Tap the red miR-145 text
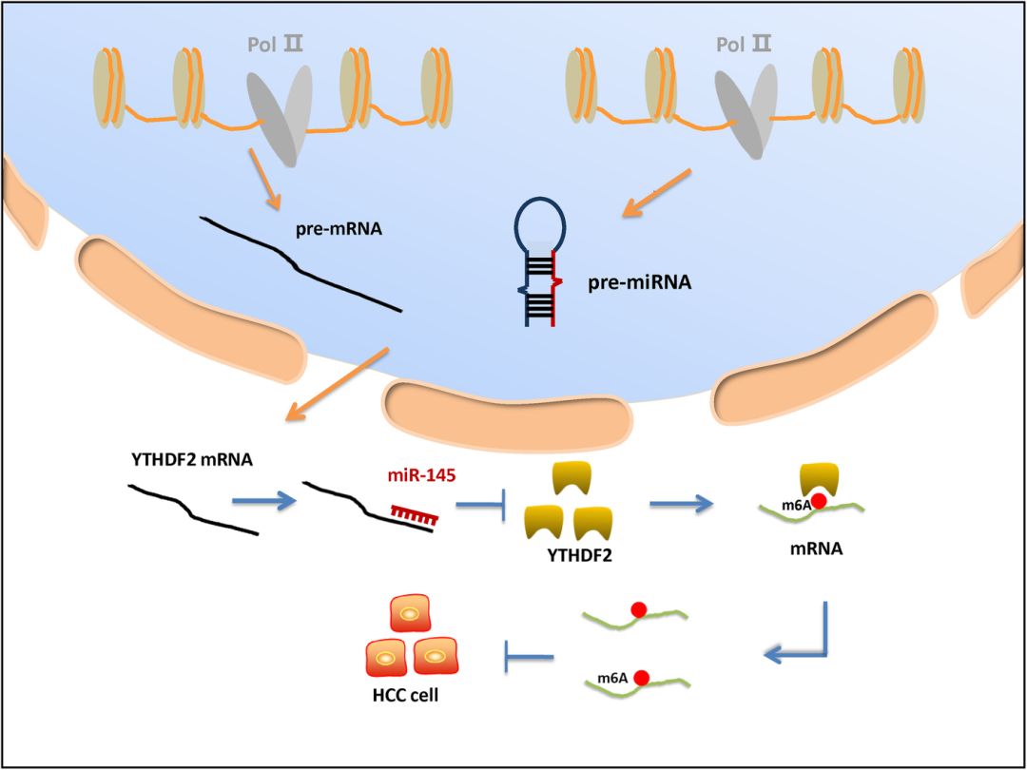click(418, 475)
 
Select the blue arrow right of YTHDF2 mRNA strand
click(261, 503)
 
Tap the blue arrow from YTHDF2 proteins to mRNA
click(679, 504)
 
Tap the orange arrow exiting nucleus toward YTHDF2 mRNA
click(339, 384)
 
